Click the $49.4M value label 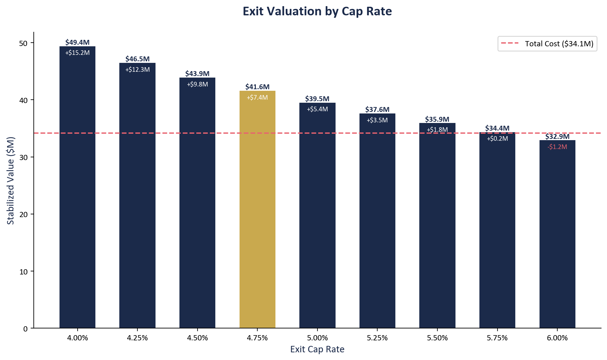pos(77,42)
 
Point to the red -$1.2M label pos(557,147)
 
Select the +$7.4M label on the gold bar pos(257,98)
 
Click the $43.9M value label pos(197,74)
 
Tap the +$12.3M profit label pos(137,70)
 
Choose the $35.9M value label pos(437,119)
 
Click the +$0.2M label pos(497,139)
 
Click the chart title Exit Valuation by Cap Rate pos(317,11)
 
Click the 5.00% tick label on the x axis pos(317,338)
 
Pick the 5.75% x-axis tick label pos(497,338)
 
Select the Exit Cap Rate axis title pos(317,349)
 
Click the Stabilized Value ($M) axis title pos(11,180)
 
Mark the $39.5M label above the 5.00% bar pos(317,99)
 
